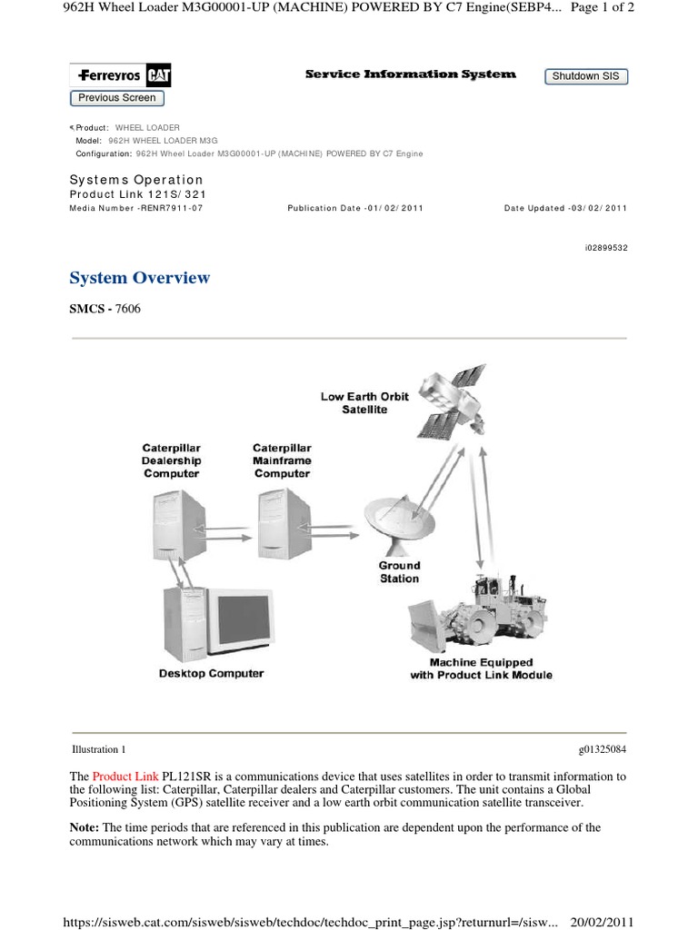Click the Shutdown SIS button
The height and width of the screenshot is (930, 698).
tap(585, 76)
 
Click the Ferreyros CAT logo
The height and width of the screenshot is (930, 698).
tap(116, 74)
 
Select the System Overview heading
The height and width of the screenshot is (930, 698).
tap(140, 278)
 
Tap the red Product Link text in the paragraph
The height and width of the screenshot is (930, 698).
tap(125, 777)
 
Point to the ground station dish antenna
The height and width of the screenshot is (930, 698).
tap(398, 522)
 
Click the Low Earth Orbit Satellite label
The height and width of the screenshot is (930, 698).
tap(364, 403)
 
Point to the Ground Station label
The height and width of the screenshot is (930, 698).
tap(399, 572)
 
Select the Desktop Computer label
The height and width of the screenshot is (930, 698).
tap(211, 674)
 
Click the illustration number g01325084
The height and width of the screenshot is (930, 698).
tap(602, 750)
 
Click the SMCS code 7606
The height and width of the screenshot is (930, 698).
tap(127, 309)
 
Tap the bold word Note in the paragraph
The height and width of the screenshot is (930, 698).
tap(85, 828)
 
